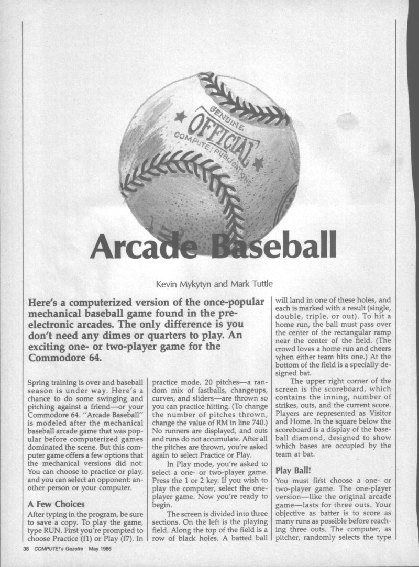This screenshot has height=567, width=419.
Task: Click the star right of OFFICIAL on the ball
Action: tap(257, 162)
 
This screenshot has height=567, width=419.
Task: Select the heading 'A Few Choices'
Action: tap(55, 504)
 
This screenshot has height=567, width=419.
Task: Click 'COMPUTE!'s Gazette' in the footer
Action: tap(58, 549)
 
